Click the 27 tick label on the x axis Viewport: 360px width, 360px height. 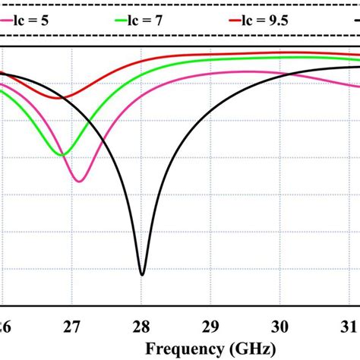point(71,327)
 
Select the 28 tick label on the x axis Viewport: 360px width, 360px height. point(141,327)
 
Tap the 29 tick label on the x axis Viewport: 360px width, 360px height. point(211,327)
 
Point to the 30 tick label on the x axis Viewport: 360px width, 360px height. point(281,327)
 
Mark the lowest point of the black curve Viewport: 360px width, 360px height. point(141,274)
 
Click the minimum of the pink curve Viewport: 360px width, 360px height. point(78,181)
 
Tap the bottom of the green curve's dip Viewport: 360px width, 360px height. point(62,155)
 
